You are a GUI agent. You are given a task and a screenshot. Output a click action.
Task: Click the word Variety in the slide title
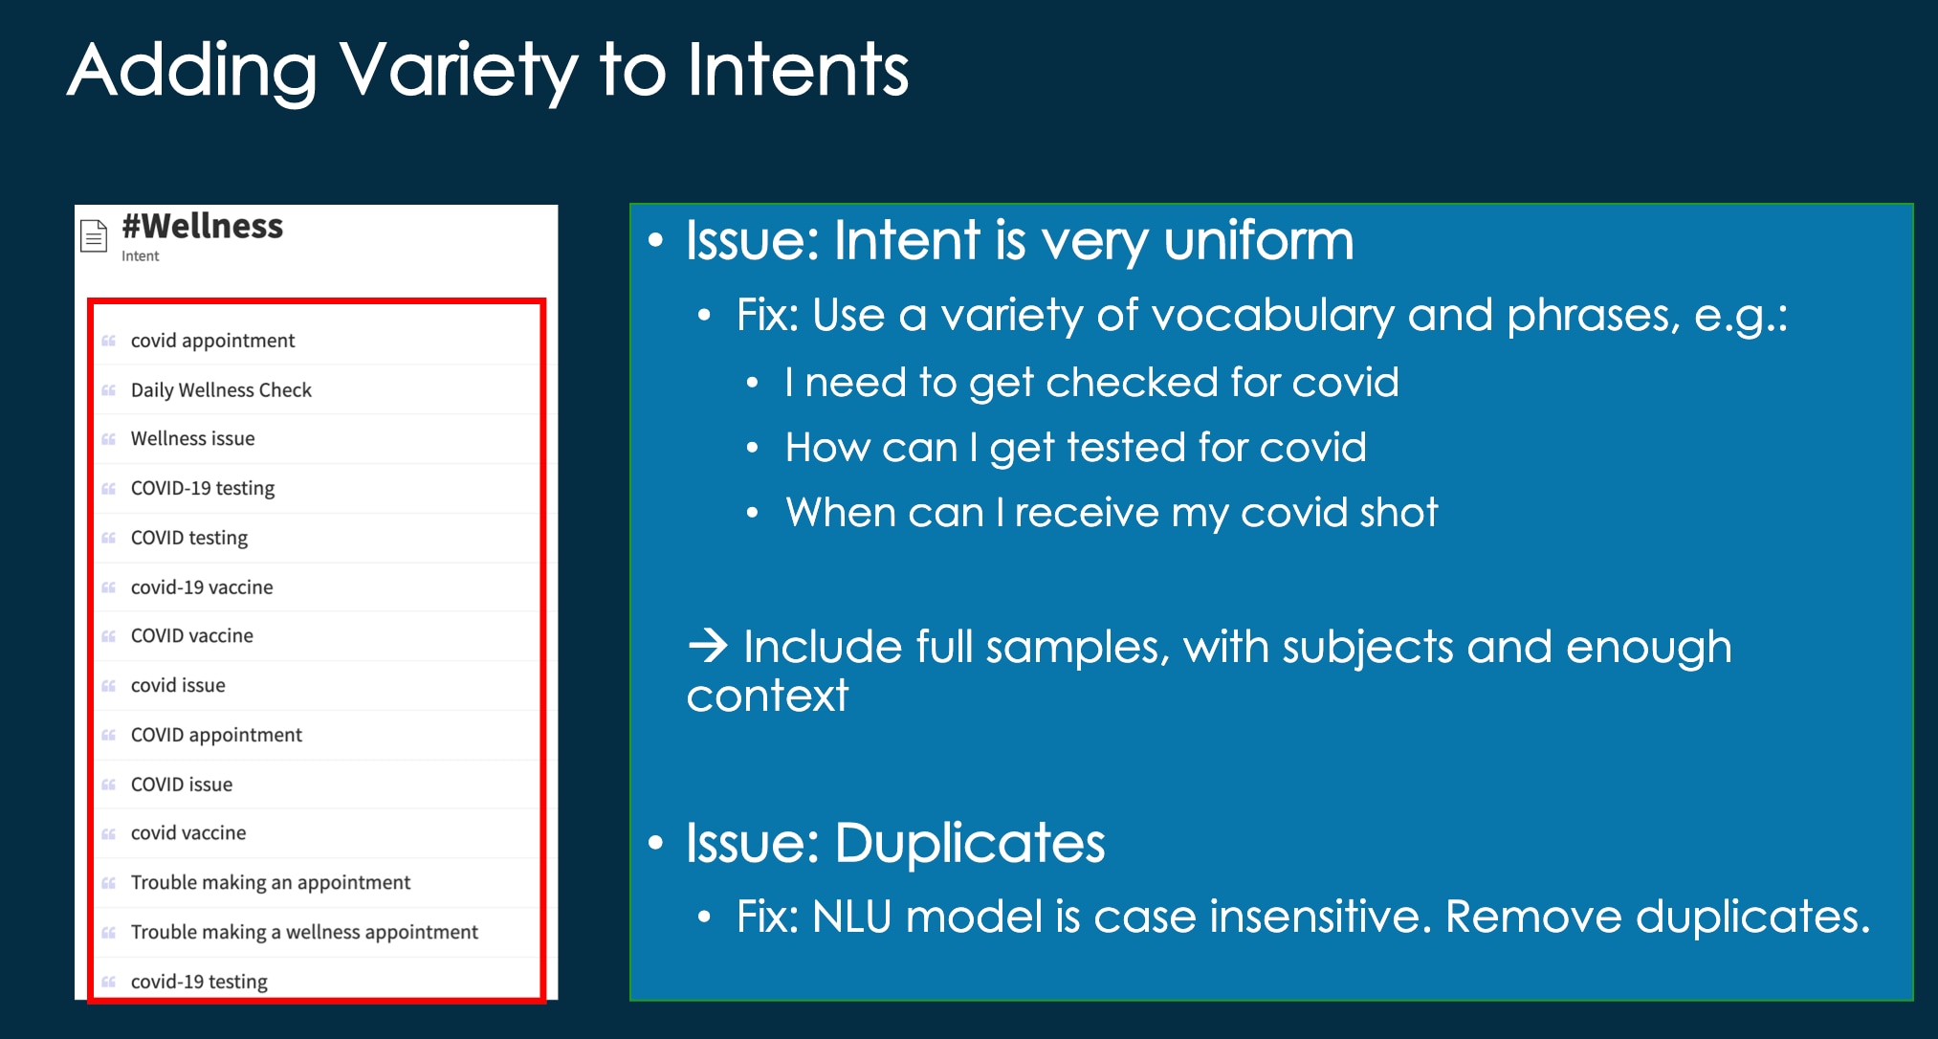pyautogui.click(x=458, y=71)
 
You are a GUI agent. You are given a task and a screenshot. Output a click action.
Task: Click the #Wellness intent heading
pyautogui.click(x=202, y=227)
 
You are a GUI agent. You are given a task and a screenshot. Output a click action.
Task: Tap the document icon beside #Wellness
pyautogui.click(x=94, y=235)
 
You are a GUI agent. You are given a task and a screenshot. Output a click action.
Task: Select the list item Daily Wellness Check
pyautogui.click(x=221, y=390)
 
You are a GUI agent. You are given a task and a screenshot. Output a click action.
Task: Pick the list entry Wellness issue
pyautogui.click(x=192, y=439)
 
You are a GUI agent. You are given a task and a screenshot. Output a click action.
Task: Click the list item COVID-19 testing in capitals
pyautogui.click(x=202, y=489)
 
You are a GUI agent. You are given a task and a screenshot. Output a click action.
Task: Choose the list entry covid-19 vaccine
pyautogui.click(x=201, y=587)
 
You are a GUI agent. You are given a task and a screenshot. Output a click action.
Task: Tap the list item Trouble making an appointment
pyautogui.click(x=270, y=883)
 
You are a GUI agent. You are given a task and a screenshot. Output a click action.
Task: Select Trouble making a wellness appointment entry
pyautogui.click(x=303, y=933)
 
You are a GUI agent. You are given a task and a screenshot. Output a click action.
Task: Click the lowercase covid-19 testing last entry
pyautogui.click(x=198, y=982)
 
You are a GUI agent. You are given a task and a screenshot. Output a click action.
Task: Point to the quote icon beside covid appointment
pyautogui.click(x=108, y=342)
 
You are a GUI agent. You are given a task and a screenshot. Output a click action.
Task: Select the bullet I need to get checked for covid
pyautogui.click(x=1090, y=384)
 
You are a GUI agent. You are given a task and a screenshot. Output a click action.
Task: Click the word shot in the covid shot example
pyautogui.click(x=1398, y=513)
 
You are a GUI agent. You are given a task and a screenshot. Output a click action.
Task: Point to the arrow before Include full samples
pyautogui.click(x=708, y=647)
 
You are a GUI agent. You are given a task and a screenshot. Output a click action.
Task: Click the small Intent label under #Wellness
pyautogui.click(x=140, y=256)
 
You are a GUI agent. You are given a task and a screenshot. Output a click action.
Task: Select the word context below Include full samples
pyautogui.click(x=767, y=696)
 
